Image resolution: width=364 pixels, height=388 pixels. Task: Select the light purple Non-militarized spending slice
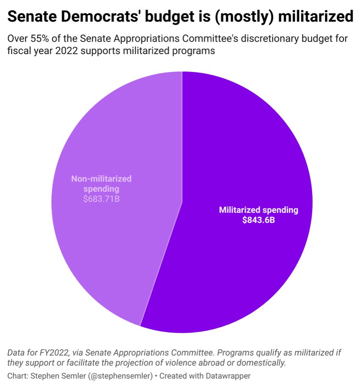point(115,237)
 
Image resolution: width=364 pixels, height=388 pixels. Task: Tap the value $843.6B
point(258,220)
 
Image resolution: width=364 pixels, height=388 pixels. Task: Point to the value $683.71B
point(101,198)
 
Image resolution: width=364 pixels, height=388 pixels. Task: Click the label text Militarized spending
point(258,210)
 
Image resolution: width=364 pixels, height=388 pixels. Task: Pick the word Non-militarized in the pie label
point(101,178)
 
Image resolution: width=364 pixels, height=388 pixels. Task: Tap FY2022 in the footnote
point(55,352)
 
